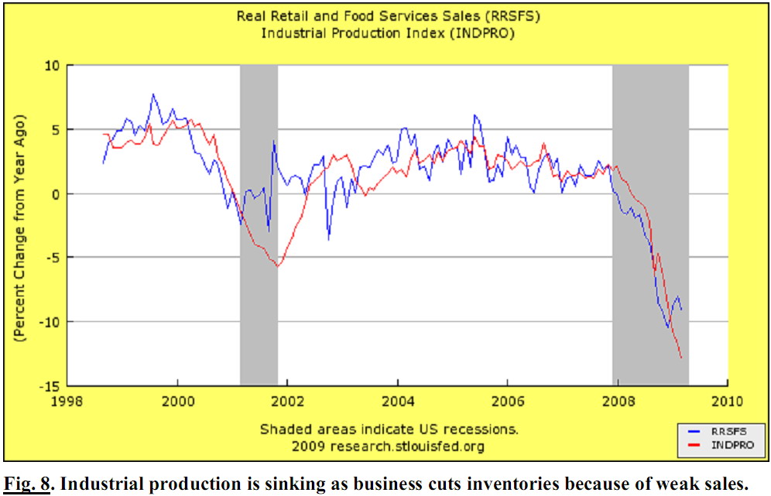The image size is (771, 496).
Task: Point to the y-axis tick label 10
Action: coord(53,66)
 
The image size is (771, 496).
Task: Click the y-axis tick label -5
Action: coord(53,258)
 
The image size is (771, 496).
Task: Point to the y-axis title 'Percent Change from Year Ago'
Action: coord(19,228)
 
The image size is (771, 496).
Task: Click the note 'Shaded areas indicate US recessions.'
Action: coord(389,429)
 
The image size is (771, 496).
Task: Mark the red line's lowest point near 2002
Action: coord(278,266)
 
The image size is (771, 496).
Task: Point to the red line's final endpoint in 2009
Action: coord(682,357)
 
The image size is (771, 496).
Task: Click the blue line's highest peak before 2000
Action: coord(152,94)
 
